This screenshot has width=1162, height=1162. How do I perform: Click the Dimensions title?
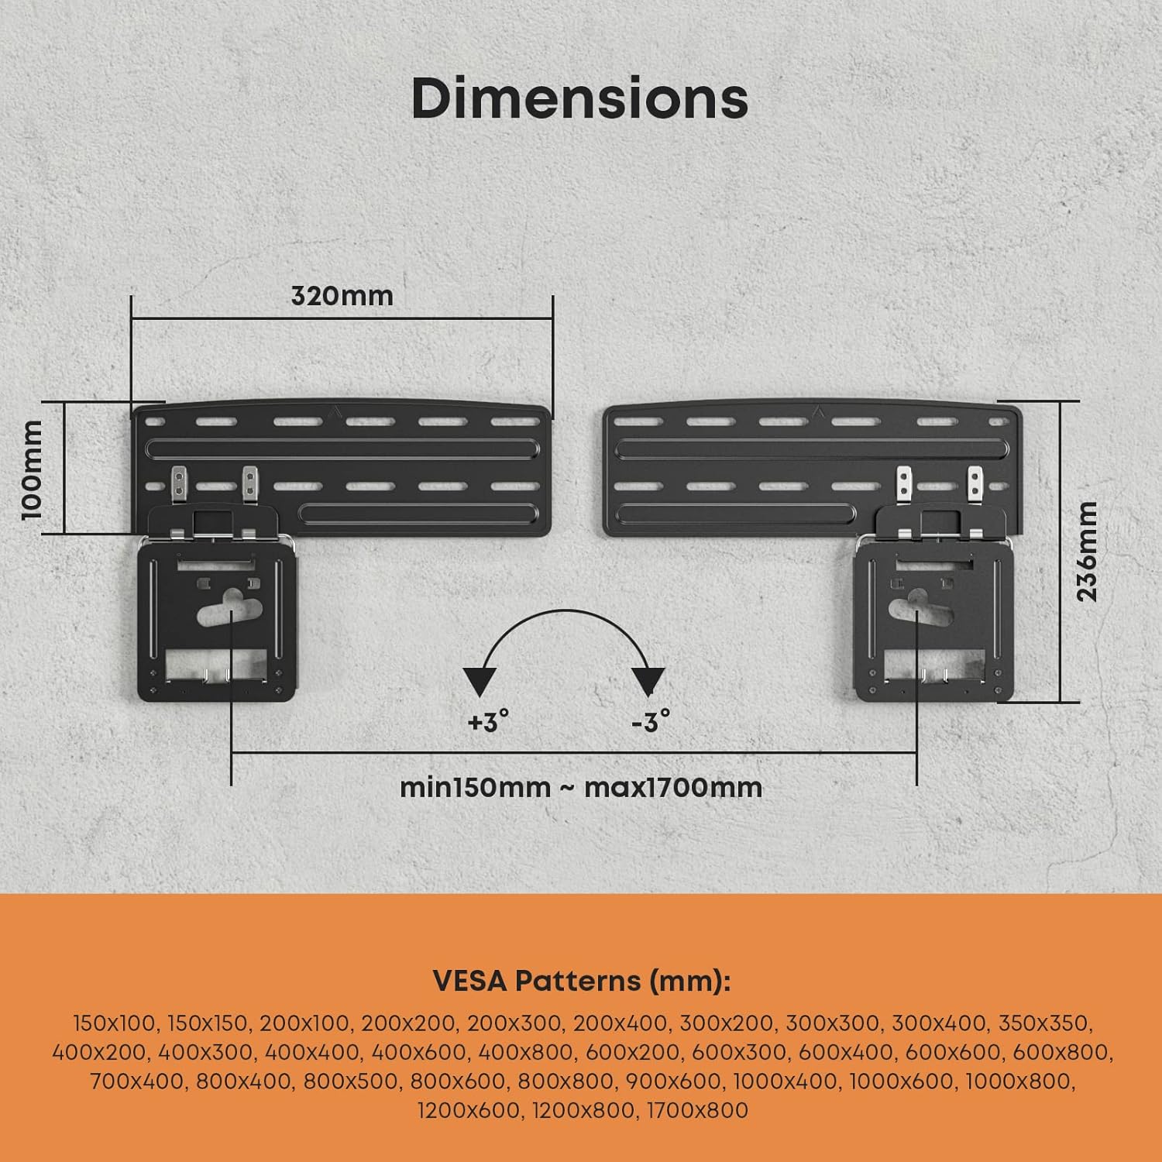coord(579,98)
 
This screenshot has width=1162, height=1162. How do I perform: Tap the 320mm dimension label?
coord(342,296)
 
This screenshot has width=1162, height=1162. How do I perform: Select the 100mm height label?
coord(32,469)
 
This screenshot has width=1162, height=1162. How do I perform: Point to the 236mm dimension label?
coord(1088,551)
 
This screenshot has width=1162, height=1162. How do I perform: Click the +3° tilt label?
coord(488,722)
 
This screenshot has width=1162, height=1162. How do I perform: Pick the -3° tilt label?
coord(651,722)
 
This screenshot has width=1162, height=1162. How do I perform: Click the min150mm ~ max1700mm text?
coord(581,788)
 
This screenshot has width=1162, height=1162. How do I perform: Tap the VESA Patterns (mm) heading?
coord(581,981)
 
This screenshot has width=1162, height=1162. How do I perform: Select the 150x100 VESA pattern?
coord(114,1023)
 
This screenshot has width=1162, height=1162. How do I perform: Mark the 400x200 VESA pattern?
coord(99,1052)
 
